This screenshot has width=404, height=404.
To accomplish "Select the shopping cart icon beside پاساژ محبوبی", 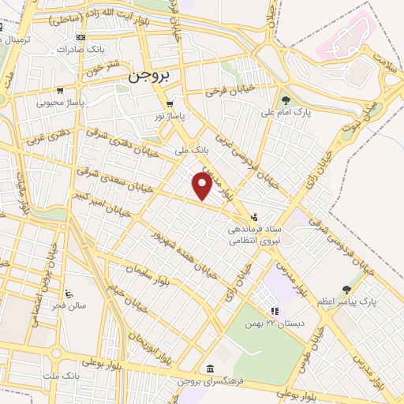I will tap(61, 90).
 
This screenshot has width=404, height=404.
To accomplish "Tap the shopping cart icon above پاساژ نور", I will tap(170, 103).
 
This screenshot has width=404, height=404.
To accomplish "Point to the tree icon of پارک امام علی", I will tap(285, 99).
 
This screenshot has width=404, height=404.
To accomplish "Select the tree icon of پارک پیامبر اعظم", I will tap(346, 290).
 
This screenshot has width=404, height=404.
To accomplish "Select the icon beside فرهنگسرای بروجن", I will tap(209, 369).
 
